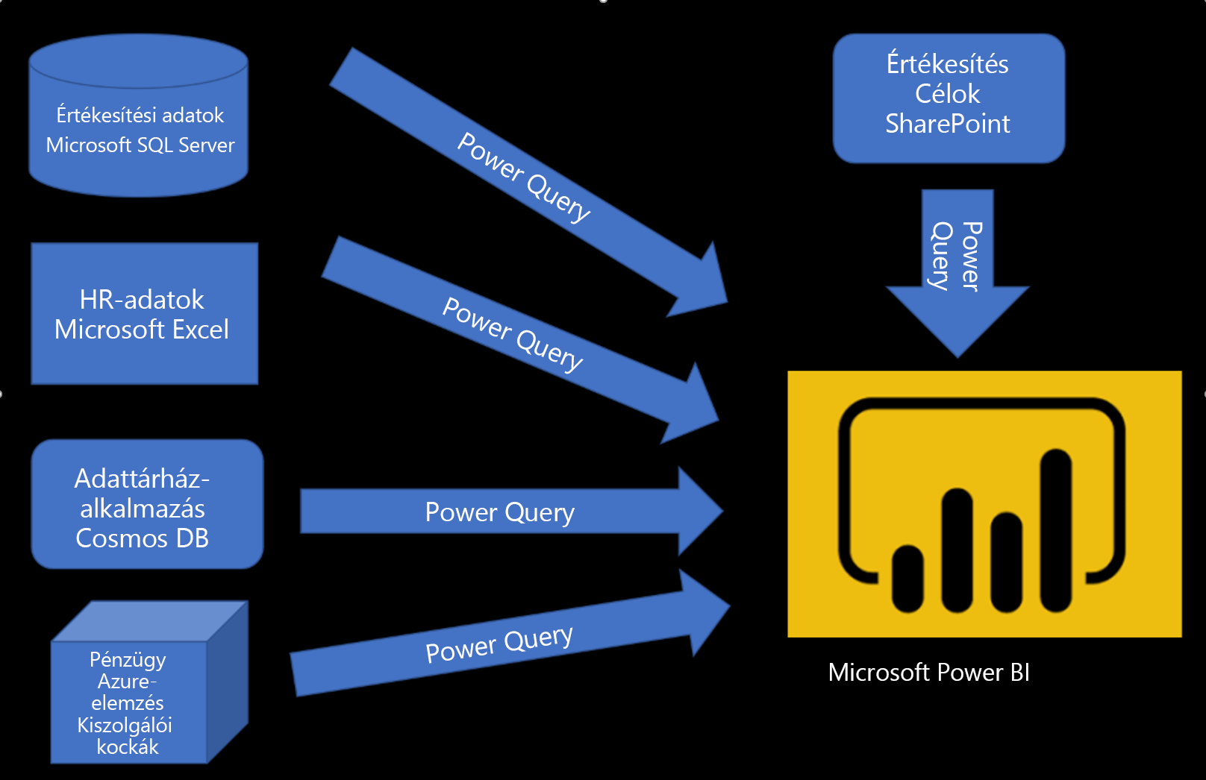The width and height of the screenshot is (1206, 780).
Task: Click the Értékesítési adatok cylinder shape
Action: (x=138, y=116)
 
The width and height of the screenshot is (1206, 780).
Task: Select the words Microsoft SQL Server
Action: (x=140, y=145)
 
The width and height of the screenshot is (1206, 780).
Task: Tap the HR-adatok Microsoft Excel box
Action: (x=144, y=314)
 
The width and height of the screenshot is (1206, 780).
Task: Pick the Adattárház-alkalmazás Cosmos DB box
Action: (x=147, y=504)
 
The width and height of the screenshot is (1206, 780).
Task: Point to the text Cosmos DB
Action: (x=142, y=538)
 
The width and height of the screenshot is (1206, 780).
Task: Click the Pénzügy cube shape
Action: (x=149, y=682)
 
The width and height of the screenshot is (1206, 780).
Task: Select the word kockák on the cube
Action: (x=128, y=746)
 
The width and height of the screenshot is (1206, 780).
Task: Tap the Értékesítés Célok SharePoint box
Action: (x=949, y=98)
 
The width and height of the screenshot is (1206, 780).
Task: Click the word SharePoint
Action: (x=948, y=124)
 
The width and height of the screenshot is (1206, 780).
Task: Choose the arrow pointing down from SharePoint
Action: (x=957, y=273)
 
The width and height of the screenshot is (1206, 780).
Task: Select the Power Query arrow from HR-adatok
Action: (x=519, y=339)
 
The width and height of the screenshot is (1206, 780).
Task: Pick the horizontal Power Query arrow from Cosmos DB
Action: (x=511, y=511)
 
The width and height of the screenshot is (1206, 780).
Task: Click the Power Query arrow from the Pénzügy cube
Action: (x=510, y=632)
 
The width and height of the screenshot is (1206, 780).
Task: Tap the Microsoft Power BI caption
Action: (x=928, y=673)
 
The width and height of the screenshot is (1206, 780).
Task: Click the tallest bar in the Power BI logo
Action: (x=1056, y=531)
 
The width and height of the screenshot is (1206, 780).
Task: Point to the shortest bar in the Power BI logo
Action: (x=907, y=579)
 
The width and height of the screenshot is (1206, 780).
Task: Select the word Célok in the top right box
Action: (x=948, y=94)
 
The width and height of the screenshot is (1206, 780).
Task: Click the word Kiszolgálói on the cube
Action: (x=125, y=725)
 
